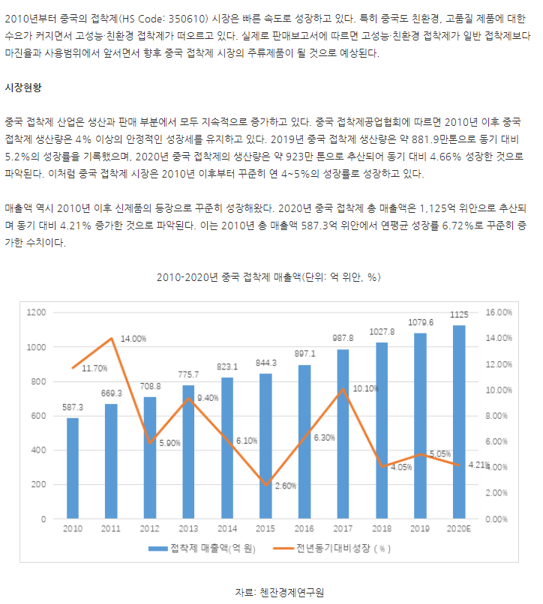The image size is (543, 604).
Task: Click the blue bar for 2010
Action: point(72,468)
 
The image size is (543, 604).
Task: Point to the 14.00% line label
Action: point(133,339)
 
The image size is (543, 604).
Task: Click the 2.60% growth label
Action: point(285,486)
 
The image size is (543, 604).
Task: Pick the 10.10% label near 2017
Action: point(365,388)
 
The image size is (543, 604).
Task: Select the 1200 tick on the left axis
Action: point(36,312)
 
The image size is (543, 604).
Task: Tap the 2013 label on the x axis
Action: point(189,529)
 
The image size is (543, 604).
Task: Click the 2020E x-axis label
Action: point(459,529)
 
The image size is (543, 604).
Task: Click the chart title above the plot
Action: point(270,277)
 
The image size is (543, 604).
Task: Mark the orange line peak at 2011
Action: point(112,338)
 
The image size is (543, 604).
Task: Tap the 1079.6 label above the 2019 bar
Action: point(421,323)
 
